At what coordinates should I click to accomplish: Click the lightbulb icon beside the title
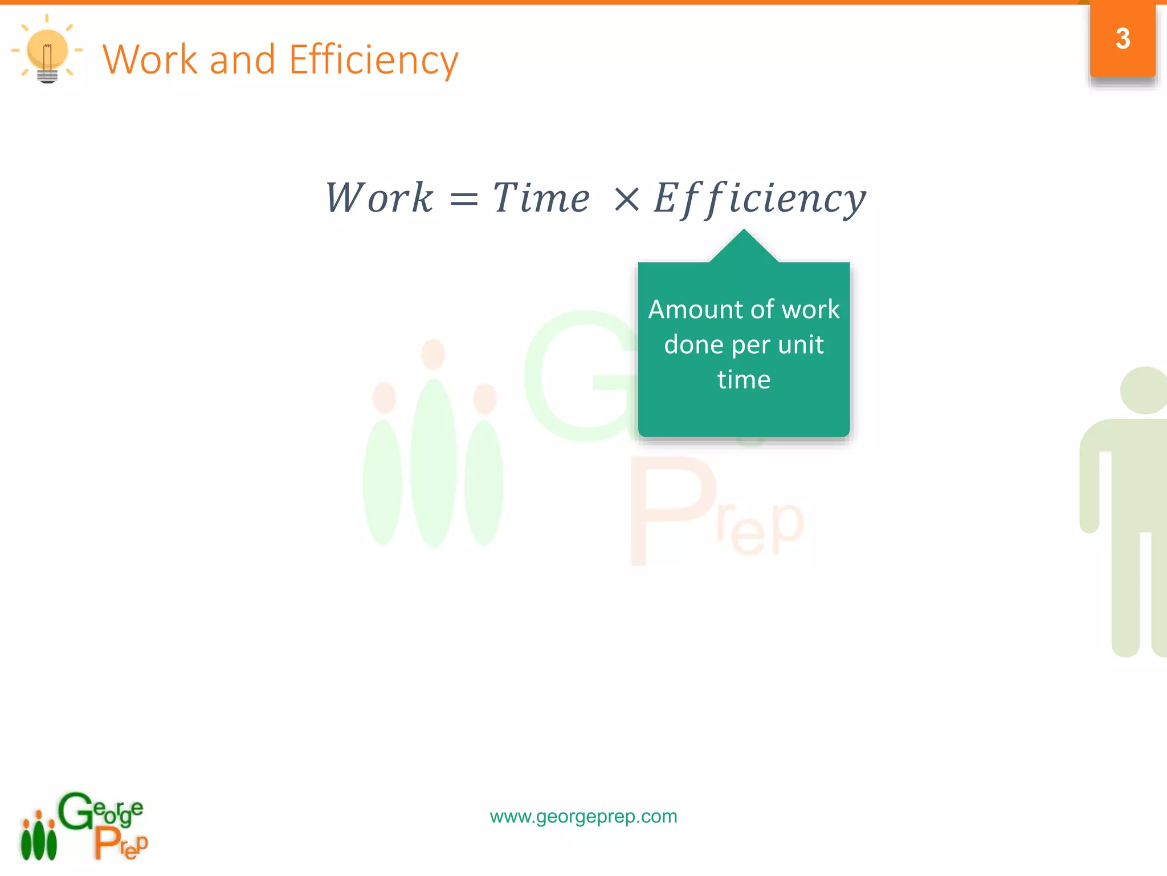[47, 53]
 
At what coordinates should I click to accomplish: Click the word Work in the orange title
[149, 59]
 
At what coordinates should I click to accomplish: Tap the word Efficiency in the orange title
[373, 60]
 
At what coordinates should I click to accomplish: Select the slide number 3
[1123, 39]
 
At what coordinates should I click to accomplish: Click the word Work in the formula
[379, 198]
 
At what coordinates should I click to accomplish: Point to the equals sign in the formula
[463, 200]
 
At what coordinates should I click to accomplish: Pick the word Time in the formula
[541, 198]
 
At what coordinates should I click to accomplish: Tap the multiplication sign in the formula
[627, 200]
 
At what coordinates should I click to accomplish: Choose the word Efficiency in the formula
[760, 198]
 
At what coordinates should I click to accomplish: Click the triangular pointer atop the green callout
[744, 247]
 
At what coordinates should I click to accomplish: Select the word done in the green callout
[693, 344]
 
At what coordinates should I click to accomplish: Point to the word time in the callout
[744, 380]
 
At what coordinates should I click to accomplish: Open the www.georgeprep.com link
[583, 816]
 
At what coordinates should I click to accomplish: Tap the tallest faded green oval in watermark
[434, 462]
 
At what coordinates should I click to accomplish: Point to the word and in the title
[242, 59]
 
